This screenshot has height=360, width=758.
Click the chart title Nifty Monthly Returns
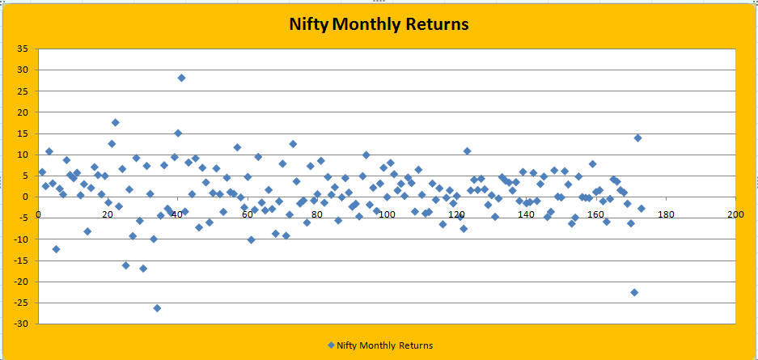click(379, 24)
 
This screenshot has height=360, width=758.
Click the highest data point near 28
click(181, 78)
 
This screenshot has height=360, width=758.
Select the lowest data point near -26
click(157, 308)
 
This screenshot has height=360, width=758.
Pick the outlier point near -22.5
click(634, 292)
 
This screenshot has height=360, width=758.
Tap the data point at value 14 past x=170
click(637, 138)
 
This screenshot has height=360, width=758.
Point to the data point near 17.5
click(115, 123)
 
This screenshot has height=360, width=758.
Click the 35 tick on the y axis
click(23, 49)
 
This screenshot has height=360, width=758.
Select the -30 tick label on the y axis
click(22, 324)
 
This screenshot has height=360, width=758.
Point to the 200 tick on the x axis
click(735, 214)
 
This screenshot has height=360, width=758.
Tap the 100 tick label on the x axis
click(387, 214)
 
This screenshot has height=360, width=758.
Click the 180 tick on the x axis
click(666, 214)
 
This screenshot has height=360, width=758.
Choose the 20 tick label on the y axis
click(23, 112)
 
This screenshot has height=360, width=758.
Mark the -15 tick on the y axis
click(22, 260)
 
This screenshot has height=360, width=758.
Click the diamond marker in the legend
click(331, 345)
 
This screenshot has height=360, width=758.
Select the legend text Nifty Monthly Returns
click(385, 345)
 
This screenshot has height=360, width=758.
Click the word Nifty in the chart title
click(309, 24)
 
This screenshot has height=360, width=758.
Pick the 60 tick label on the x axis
click(247, 214)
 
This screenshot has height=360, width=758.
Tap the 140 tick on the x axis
click(526, 214)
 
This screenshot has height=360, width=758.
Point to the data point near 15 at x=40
click(178, 133)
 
